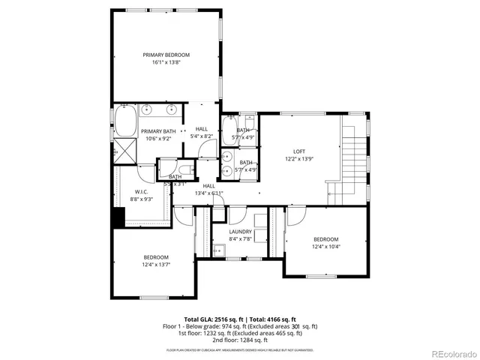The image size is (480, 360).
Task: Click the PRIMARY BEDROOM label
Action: (x=166, y=55)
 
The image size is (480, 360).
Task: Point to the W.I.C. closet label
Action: (x=124, y=192)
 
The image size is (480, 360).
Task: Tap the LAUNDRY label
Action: (x=240, y=232)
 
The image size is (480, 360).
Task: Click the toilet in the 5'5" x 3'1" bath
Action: (x=184, y=169)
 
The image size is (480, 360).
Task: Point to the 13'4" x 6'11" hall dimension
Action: (x=208, y=193)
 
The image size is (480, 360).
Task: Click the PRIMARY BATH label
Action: (x=158, y=131)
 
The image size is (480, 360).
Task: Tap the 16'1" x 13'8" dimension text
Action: (x=166, y=63)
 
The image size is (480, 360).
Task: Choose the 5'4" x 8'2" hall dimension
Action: (x=202, y=136)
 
